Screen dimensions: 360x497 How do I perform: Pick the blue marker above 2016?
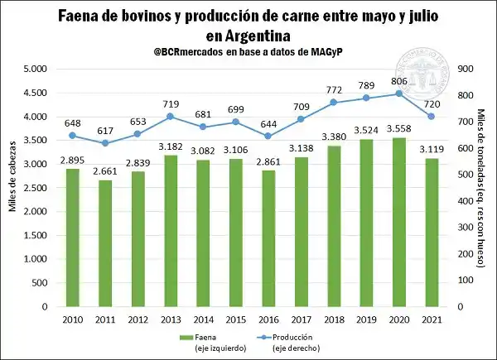click(x=267, y=136)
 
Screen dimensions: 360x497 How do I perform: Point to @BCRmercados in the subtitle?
click(x=190, y=53)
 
